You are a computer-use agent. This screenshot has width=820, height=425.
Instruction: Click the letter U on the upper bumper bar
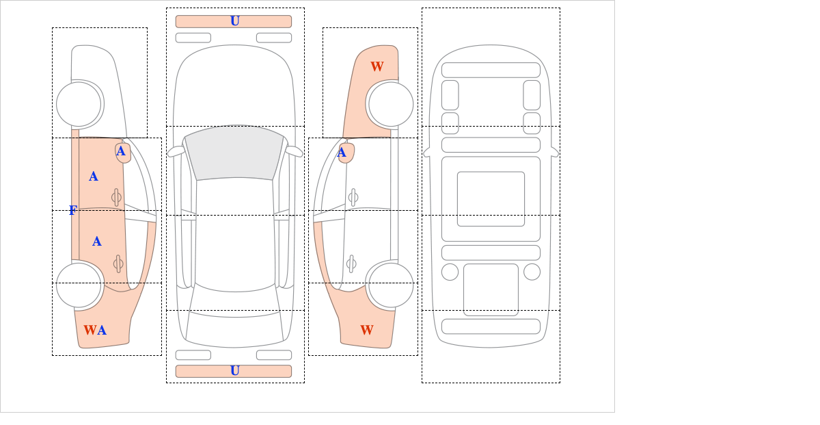235,21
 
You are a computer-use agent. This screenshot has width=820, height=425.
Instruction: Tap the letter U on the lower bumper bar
235,371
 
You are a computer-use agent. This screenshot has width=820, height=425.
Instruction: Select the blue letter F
73,210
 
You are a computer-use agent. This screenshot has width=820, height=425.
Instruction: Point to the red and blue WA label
95,330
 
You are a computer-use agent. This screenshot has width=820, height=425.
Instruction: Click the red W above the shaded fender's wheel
377,66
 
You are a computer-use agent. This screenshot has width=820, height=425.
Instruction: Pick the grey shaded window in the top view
234,153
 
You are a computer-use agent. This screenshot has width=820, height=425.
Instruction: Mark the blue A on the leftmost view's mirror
121,151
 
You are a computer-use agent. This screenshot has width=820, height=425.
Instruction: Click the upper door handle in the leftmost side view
116,197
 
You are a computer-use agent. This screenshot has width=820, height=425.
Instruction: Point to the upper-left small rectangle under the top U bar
193,38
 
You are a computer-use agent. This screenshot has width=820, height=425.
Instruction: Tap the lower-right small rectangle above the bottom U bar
274,355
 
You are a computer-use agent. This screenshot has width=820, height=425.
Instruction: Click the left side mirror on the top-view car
176,151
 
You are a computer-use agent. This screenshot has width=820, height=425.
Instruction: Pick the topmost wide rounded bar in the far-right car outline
491,70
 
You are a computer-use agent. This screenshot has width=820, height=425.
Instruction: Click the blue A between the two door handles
96,242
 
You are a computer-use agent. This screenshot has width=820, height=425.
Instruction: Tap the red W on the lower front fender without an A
367,330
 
